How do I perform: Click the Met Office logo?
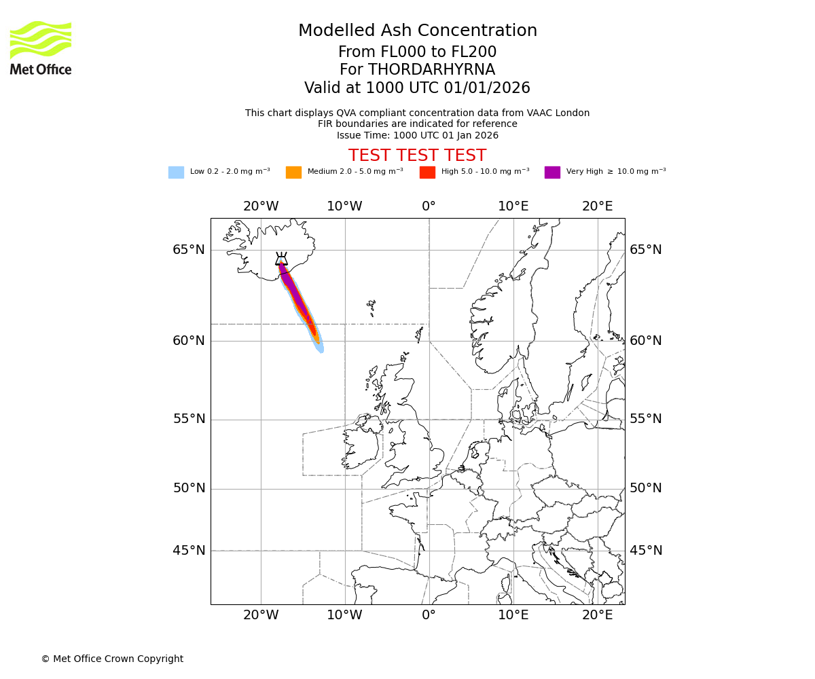pos(41,48)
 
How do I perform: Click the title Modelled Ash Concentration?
pos(417,31)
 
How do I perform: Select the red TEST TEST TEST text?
pos(417,155)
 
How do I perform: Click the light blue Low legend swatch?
pos(176,172)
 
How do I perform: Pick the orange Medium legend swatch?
pos(293,172)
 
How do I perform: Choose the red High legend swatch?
pos(427,172)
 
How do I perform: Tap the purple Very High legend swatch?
pos(552,172)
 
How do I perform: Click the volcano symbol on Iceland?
pos(281,259)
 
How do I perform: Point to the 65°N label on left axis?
pos(188,250)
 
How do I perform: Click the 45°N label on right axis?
pos(645,551)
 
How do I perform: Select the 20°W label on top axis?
pos(261,206)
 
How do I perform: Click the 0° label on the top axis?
pos(429,206)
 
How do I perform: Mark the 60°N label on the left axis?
pos(188,341)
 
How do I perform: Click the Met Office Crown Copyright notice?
pos(112,659)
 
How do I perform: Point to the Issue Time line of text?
pos(417,135)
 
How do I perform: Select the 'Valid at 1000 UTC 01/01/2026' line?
pos(417,88)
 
